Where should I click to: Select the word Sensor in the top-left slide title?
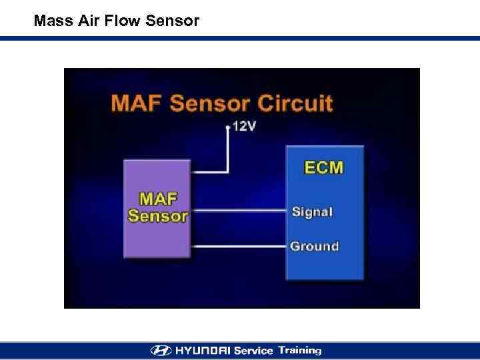[x=171, y=21]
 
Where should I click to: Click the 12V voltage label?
[x=243, y=126]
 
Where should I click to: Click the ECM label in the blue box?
[x=324, y=167]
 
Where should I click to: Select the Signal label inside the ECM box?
[x=312, y=212]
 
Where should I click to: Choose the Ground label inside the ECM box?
[x=314, y=246]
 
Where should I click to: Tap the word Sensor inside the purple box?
[x=158, y=216]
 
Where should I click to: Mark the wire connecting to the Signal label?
[x=240, y=211]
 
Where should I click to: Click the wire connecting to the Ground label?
[x=240, y=246]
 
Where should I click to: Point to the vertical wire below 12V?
[x=227, y=150]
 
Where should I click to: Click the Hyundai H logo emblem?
[x=161, y=351]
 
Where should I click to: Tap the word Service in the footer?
[x=254, y=351]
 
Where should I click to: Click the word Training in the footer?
[x=299, y=351]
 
